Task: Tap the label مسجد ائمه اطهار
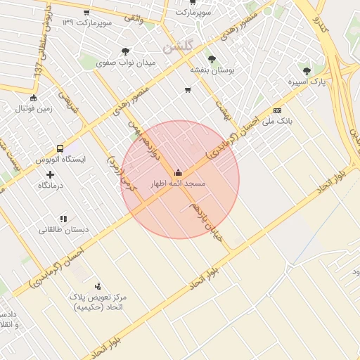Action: tap(178, 184)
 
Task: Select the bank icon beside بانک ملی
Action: tap(277, 110)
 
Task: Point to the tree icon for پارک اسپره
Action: tap(306, 71)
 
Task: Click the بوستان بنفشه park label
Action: tap(212, 70)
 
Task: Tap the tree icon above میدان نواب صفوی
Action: tap(125, 51)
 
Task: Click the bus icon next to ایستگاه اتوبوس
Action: tap(60, 149)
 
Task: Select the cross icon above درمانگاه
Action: tap(49, 174)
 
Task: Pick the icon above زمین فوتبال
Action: tap(33, 98)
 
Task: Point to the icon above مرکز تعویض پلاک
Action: tap(98, 286)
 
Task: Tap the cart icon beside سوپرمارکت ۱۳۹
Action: tap(86, 13)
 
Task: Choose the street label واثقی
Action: tap(132, 19)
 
